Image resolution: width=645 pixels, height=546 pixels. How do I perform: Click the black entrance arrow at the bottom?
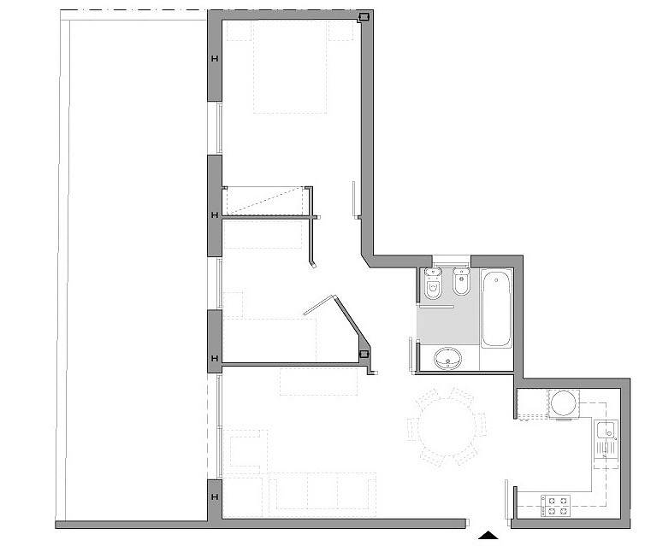[x=488, y=535]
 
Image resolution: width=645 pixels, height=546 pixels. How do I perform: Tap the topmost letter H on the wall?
[x=215, y=59]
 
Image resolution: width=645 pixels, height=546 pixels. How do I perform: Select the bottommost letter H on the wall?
[x=215, y=497]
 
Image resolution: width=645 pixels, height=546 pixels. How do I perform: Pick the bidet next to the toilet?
[x=462, y=281]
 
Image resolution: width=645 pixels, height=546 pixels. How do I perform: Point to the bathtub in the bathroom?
[x=496, y=308]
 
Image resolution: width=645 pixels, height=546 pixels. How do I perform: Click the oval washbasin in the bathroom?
[x=448, y=358]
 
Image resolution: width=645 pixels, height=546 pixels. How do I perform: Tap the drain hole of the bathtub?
[x=496, y=280]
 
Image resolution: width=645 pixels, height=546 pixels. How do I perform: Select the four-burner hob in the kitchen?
[x=555, y=506]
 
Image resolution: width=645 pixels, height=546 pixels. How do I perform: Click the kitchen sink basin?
[x=606, y=430]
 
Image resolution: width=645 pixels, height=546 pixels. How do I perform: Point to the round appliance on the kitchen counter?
[x=564, y=403]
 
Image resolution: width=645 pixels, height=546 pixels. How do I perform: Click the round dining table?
[x=447, y=427]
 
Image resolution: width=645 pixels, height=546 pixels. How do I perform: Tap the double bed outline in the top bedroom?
[x=290, y=67]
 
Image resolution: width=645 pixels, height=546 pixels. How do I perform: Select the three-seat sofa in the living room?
[x=322, y=491]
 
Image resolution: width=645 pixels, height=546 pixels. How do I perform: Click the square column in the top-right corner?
[x=364, y=17]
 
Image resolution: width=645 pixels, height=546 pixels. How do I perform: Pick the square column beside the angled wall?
[x=364, y=354]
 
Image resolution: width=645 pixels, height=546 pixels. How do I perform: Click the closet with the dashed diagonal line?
[x=266, y=202]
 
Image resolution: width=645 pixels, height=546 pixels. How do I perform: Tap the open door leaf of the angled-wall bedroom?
[x=320, y=305]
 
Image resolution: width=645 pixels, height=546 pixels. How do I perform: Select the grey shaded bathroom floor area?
[x=448, y=325]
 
